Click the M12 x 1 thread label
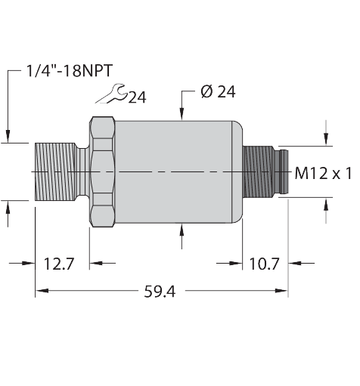pyautogui.click(x=323, y=173)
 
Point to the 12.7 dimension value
pyautogui.click(x=58, y=264)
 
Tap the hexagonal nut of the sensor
pyautogui.click(x=101, y=172)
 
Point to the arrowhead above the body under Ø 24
pyautogui.click(x=182, y=114)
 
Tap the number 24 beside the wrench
pyautogui.click(x=137, y=97)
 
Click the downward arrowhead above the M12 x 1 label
pyautogui.click(x=327, y=138)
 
